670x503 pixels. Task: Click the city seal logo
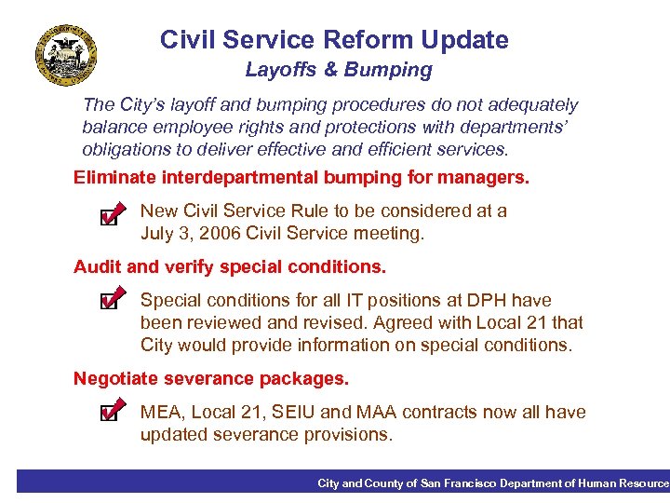66,53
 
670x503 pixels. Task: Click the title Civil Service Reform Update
334,40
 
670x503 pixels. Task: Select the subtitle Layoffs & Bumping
339,70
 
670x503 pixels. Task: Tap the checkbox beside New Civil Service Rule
109,217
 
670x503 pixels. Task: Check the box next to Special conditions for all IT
109,301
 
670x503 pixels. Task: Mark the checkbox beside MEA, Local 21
109,412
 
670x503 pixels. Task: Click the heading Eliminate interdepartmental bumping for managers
301,177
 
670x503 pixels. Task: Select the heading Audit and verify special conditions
229,266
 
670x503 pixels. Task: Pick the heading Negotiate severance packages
211,378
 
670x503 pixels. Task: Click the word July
158,234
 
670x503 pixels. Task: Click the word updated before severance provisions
174,434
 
